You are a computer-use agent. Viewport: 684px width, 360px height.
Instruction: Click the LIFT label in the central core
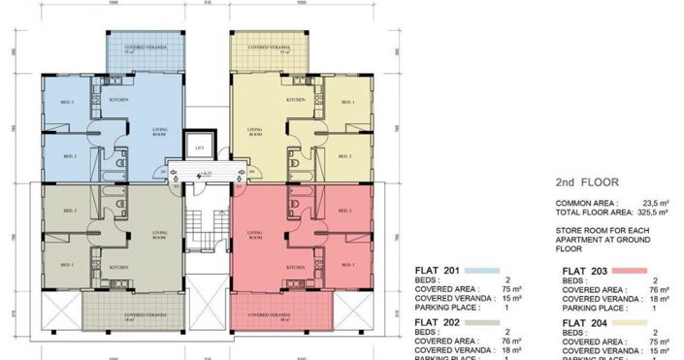pyautogui.click(x=199, y=147)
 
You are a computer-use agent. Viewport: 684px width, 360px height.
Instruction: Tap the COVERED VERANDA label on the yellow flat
pyautogui.click(x=264, y=47)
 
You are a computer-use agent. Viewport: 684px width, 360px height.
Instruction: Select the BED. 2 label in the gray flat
pyautogui.click(x=69, y=211)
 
